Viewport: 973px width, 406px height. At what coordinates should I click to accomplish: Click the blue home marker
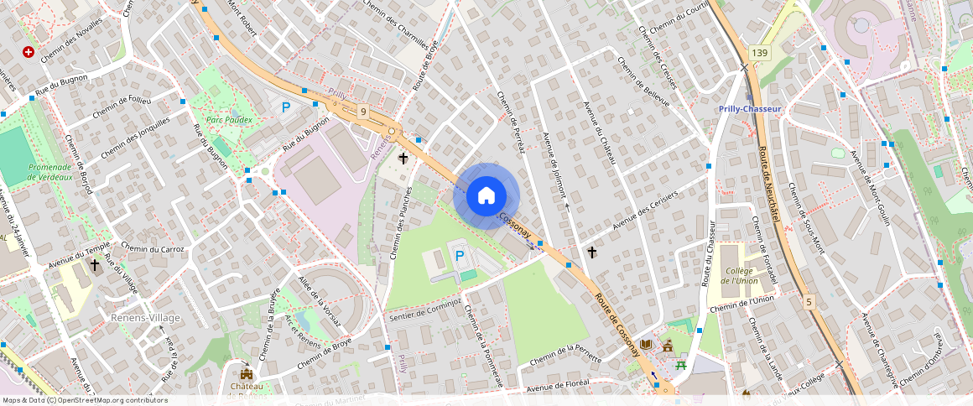486,196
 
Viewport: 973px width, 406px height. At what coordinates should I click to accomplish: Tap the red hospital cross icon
29,52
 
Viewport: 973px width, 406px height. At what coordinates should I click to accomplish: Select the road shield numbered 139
759,53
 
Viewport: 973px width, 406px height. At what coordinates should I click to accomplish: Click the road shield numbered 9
363,111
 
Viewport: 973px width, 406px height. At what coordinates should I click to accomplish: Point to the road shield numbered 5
809,301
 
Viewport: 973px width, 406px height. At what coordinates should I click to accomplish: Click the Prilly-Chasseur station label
750,109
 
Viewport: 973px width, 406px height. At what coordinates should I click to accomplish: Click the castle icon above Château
247,372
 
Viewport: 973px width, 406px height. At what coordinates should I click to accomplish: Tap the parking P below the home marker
459,255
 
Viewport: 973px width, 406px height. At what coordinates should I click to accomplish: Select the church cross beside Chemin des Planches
403,158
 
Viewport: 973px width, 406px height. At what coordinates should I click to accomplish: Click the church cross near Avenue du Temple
95,265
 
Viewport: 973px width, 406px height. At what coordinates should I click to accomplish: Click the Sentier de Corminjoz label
425,309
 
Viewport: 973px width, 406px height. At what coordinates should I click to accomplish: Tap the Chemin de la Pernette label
566,353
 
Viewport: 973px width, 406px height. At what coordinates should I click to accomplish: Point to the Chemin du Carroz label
153,247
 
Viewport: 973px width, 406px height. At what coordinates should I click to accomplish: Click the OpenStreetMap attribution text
85,400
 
